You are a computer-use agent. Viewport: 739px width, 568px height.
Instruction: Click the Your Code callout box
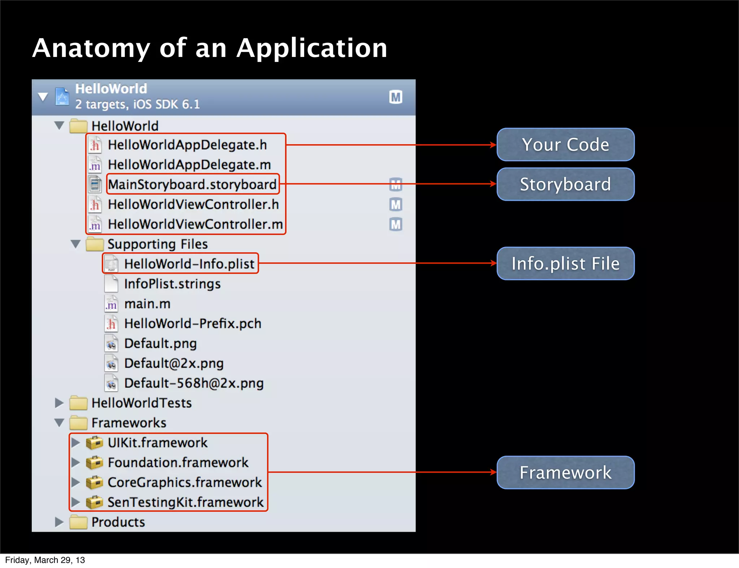tap(565, 145)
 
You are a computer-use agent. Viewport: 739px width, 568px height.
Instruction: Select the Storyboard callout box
tap(565, 184)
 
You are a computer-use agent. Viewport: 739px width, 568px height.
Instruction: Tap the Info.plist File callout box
tap(565, 263)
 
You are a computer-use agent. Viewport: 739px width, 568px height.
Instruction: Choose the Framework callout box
tap(565, 472)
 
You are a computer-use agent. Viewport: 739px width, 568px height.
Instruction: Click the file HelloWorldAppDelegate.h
tap(187, 145)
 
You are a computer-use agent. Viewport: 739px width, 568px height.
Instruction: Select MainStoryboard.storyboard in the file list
tap(192, 185)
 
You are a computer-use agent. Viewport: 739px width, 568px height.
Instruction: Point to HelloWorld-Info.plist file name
tap(189, 264)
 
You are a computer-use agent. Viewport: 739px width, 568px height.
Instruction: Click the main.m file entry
tap(147, 304)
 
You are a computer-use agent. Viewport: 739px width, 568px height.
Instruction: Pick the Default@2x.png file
tap(174, 363)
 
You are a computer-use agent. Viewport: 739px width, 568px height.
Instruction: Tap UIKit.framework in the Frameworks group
tap(157, 443)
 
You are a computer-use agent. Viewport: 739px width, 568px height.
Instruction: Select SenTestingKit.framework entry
tap(185, 502)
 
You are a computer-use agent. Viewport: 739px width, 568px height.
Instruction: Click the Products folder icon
tap(78, 522)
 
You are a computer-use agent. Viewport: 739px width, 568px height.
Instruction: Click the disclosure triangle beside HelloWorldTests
tap(59, 403)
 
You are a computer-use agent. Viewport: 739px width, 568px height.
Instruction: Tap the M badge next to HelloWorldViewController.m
tap(396, 224)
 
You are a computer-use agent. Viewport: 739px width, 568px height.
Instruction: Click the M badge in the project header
tap(396, 97)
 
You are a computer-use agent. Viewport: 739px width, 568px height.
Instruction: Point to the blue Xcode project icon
tap(62, 97)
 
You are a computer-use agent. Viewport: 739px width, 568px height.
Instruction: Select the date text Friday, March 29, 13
tap(45, 560)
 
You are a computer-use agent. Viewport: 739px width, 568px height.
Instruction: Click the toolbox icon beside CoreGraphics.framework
tap(95, 482)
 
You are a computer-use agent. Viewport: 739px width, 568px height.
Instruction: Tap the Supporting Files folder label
tap(157, 244)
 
